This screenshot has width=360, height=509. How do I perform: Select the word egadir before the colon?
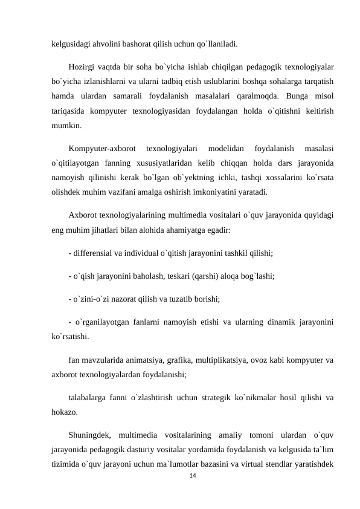click(x=215, y=230)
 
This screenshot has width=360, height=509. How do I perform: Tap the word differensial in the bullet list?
click(x=93, y=252)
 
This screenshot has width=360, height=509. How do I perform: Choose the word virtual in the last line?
click(x=263, y=467)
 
